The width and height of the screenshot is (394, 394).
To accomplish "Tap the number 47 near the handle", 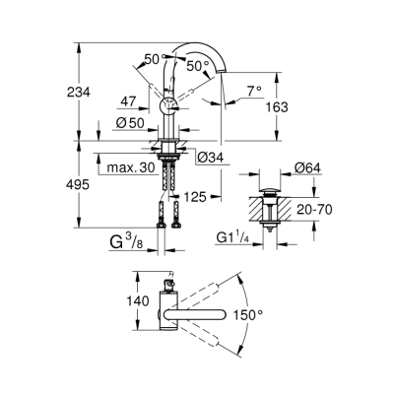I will (x=129, y=100).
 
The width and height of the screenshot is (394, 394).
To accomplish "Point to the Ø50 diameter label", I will (x=129, y=122).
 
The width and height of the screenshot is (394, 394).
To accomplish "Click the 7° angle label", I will (x=255, y=91).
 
